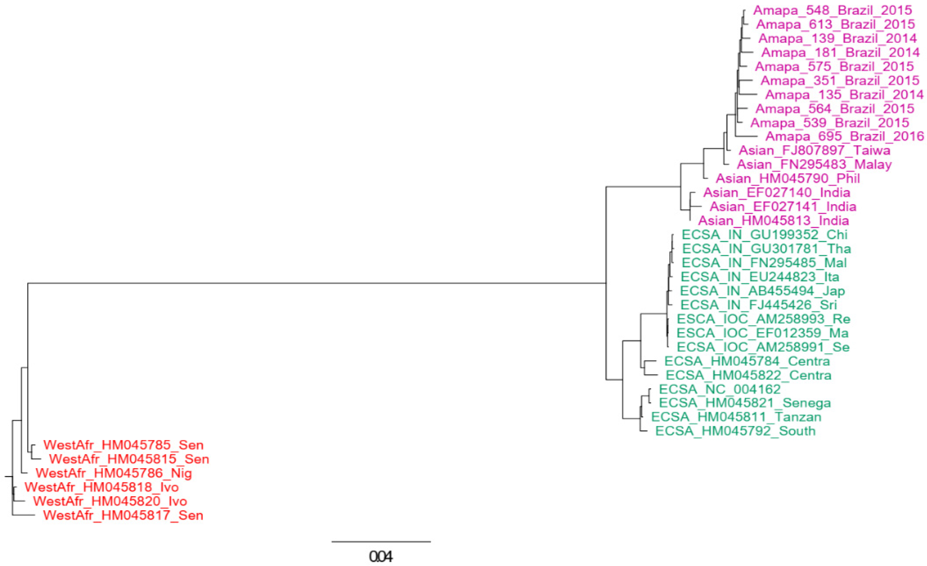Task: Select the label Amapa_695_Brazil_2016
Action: [845, 136]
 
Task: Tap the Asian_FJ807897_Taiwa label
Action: [814, 151]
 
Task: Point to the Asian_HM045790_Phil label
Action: [787, 178]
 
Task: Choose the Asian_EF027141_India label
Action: [783, 207]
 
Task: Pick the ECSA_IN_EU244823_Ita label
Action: [760, 277]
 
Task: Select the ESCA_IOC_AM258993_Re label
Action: [763, 319]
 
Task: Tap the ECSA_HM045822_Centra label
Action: [748, 375]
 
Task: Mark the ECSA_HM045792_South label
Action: [735, 431]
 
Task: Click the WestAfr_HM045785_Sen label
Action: [124, 445]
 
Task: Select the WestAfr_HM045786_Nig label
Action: [114, 473]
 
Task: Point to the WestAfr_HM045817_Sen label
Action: [123, 515]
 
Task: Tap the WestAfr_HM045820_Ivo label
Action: [110, 501]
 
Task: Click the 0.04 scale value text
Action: [381, 557]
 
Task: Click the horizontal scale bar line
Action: [381, 542]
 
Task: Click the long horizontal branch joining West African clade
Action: [316, 283]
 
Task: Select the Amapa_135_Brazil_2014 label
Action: [844, 94]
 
